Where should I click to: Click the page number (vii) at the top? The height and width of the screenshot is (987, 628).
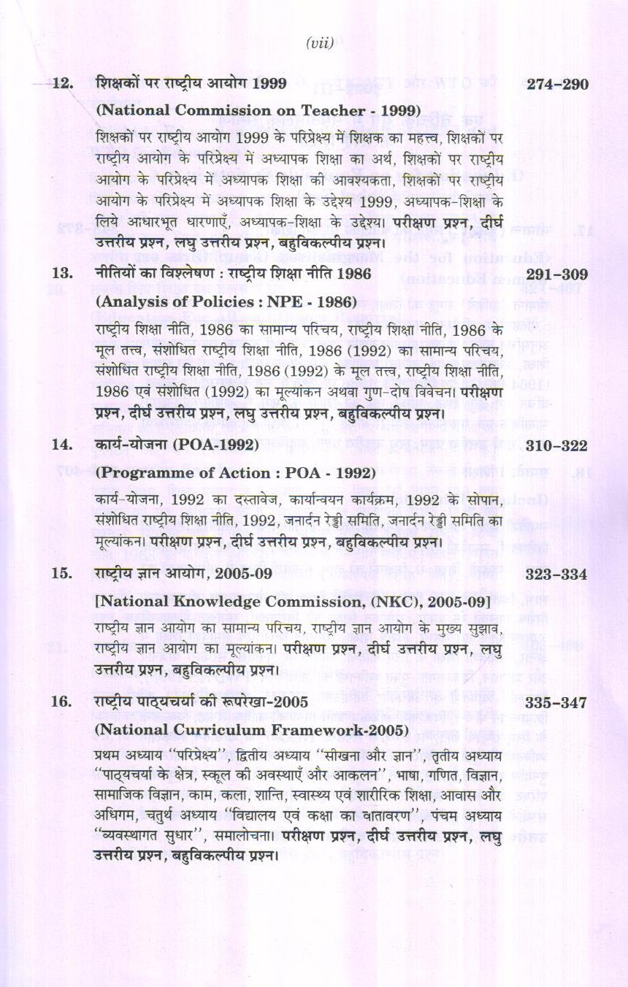click(x=320, y=43)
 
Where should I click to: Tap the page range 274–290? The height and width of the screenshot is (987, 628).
click(x=557, y=84)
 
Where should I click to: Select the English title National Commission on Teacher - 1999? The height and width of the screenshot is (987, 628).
click(x=258, y=110)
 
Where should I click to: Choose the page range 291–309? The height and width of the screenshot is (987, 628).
click(x=557, y=273)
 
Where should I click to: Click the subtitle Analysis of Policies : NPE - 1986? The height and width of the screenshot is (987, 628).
click(x=226, y=301)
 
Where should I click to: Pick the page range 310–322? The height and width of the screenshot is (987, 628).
click(x=557, y=444)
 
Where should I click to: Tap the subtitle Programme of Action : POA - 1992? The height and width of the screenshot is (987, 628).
click(x=235, y=472)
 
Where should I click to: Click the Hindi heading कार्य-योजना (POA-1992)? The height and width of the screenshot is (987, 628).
click(x=177, y=444)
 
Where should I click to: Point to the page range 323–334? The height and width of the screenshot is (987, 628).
click(x=557, y=574)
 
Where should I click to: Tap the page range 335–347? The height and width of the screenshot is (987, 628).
click(x=557, y=702)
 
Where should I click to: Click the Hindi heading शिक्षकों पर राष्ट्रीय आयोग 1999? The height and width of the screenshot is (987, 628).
click(x=191, y=84)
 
